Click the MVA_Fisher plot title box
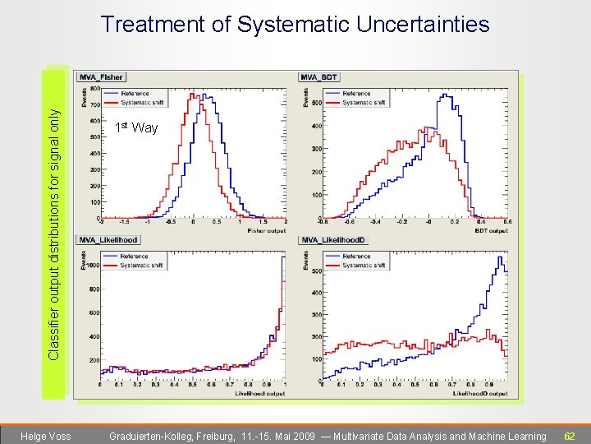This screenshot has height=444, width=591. coord(101,77)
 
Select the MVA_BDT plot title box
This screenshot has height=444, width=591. coord(319,77)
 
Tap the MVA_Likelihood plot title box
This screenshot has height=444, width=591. coord(108,240)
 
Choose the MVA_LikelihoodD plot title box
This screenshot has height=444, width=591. coord(333,240)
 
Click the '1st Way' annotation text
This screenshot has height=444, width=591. coord(136,127)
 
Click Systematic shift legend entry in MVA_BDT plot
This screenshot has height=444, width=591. coord(363,102)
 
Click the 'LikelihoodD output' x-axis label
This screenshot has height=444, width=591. coord(480,393)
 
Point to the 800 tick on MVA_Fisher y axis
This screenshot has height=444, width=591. coord(95,89)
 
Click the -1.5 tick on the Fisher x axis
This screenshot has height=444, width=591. coord(125,221)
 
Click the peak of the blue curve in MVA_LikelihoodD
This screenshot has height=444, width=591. coord(500,257)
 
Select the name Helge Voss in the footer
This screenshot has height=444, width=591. coord(45,436)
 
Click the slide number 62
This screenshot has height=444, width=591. coord(569,436)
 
